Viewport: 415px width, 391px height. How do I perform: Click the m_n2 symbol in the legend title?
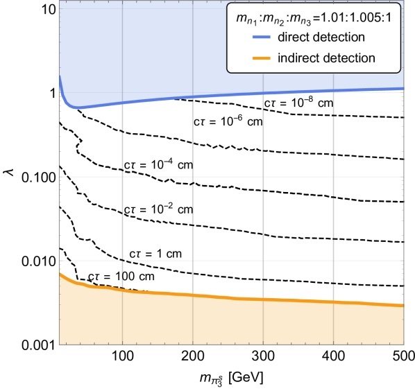tap(271, 18)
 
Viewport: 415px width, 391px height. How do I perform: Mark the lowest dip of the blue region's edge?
tap(78, 110)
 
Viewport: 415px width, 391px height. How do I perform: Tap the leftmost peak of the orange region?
tap(60, 273)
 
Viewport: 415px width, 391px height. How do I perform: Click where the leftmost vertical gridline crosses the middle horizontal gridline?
tap(122, 176)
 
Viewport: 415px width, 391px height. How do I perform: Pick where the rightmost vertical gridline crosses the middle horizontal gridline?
tap(334, 176)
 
